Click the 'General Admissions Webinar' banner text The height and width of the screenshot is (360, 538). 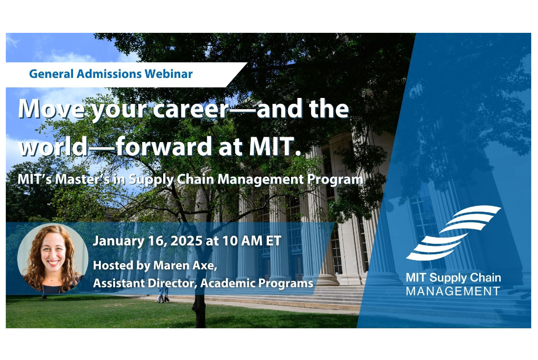(x=111, y=74)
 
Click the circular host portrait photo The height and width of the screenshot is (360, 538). (x=52, y=258)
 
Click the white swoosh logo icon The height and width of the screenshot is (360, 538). (x=453, y=233)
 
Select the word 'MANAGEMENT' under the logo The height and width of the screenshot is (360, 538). (x=453, y=291)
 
